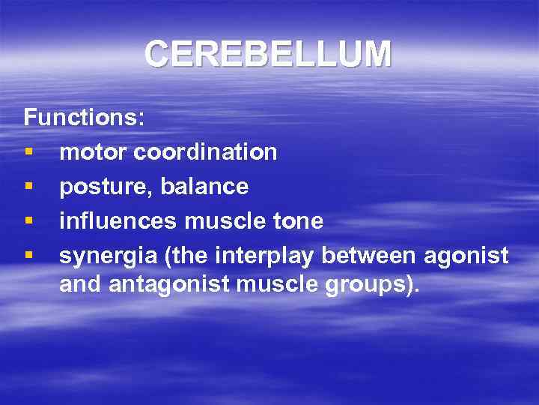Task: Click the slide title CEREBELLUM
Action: pos(268,54)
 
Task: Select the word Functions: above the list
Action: pos(85,118)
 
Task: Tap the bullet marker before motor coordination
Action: pos(28,152)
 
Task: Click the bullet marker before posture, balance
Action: pos(28,187)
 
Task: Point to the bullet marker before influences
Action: pos(28,221)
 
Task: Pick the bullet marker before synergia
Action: pos(28,256)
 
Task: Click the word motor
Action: pos(94,152)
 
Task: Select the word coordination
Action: pos(206,152)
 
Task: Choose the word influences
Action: pos(118,221)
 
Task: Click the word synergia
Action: pos(106,256)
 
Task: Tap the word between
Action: pos(369,256)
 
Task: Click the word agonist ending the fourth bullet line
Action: pos(466,256)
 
